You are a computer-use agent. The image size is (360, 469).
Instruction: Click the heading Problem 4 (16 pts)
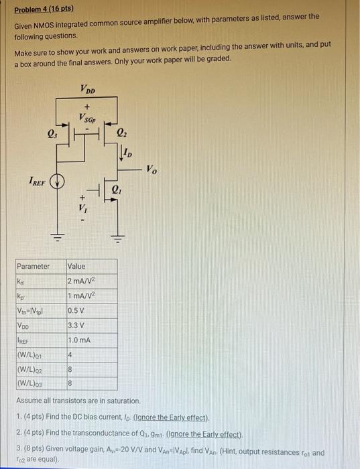[45, 9]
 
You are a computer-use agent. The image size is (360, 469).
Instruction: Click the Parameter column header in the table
[34, 266]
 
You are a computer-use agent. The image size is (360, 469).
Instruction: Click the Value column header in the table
[76, 266]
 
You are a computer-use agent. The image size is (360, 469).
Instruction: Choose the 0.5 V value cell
[77, 310]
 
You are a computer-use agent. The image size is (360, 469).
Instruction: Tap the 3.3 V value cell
[76, 325]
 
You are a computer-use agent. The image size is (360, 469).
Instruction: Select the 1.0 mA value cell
[79, 340]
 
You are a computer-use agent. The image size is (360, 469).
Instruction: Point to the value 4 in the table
[70, 355]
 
